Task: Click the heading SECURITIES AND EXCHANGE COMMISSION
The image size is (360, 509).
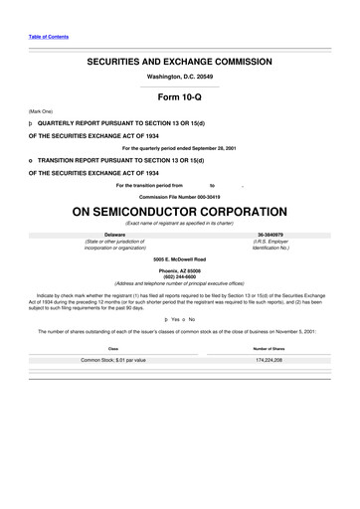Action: [180, 62]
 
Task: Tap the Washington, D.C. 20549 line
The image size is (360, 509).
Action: [180, 77]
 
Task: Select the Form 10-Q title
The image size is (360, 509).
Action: [180, 97]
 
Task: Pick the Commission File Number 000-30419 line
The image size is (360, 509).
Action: [180, 196]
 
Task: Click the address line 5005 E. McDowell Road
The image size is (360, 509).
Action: [180, 258]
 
